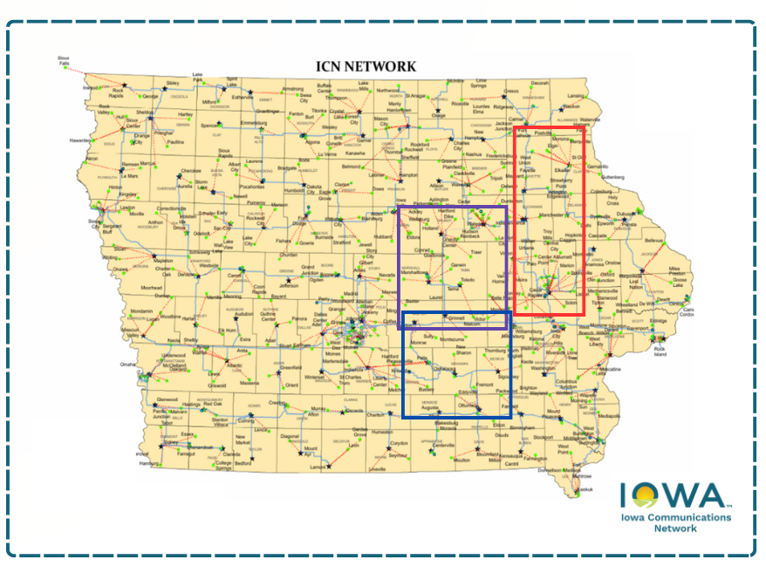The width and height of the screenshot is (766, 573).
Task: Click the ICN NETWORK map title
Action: point(366,66)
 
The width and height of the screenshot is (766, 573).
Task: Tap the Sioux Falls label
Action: point(63,60)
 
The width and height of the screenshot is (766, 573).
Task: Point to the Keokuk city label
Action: point(584,489)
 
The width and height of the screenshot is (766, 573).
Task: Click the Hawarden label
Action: point(81,140)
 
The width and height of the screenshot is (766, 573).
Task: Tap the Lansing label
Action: point(576,95)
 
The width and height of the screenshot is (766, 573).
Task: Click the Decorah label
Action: point(541,82)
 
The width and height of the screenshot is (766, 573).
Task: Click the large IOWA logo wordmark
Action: point(674,496)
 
